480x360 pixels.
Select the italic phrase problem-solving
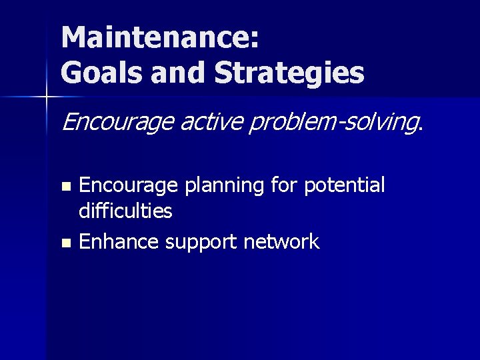[x=333, y=122]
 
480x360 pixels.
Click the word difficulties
[x=125, y=212]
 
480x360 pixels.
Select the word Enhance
[x=119, y=241]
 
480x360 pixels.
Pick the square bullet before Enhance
[x=65, y=243]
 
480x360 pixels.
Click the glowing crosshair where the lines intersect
[x=47, y=98]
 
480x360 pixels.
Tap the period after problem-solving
[x=420, y=127]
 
